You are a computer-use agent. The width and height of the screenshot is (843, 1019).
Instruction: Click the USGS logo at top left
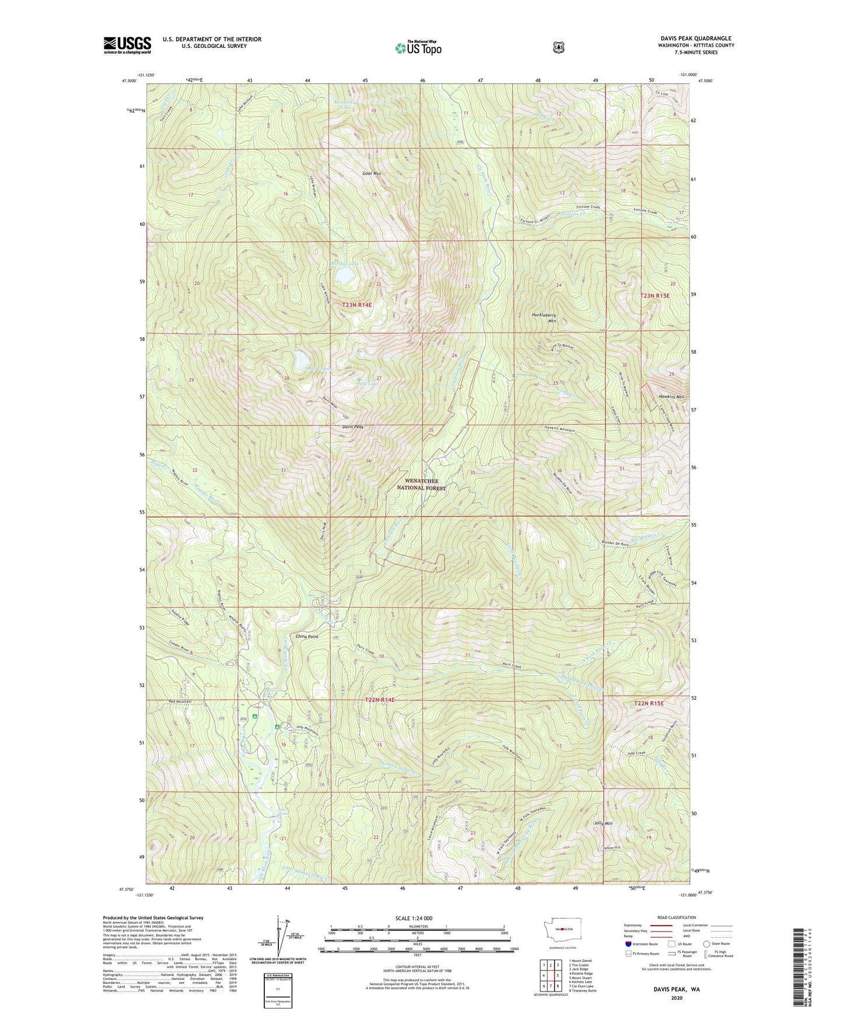(127, 45)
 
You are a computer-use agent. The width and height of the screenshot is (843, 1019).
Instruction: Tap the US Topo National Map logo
(417, 48)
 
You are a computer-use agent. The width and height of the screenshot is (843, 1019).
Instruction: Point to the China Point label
(307, 636)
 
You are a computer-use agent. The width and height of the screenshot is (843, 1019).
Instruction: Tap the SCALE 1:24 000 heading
(414, 918)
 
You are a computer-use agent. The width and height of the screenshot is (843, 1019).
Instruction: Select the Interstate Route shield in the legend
(628, 943)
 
